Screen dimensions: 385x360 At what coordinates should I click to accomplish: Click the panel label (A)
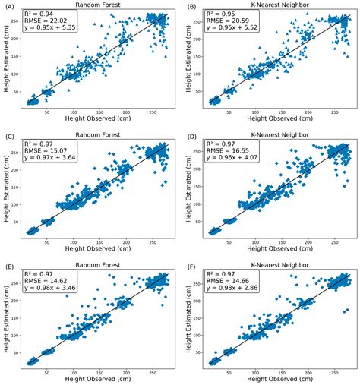(9, 7)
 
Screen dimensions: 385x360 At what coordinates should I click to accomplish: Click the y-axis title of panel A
(7, 62)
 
